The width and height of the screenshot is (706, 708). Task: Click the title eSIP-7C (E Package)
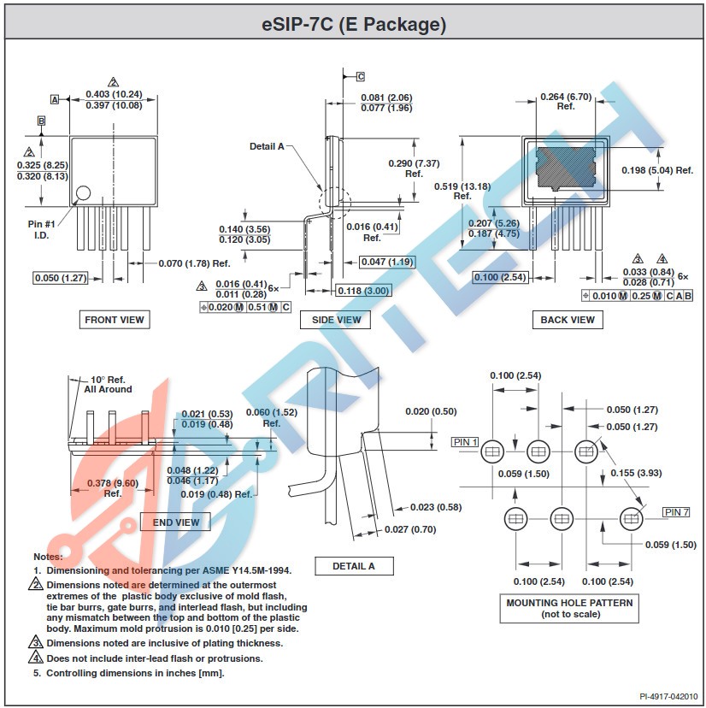[353, 25]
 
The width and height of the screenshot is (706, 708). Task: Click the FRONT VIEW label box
[115, 320]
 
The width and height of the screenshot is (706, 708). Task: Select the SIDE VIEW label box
[337, 320]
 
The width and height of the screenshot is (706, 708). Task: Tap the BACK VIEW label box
[568, 320]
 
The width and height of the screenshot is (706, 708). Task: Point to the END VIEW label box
[175, 522]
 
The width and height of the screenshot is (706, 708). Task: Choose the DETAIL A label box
[354, 566]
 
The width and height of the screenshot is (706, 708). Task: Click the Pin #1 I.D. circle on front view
[83, 193]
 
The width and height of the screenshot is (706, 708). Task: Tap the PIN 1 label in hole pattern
[466, 442]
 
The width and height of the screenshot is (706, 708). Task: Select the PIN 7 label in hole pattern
[675, 512]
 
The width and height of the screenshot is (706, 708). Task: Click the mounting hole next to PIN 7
[632, 519]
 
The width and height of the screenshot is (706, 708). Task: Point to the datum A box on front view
[55, 99]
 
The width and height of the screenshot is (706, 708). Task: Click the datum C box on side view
[360, 76]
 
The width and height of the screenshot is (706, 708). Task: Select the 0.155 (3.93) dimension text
[637, 473]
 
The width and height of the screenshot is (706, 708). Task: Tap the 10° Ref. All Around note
[108, 384]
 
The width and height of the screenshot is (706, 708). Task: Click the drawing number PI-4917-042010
[669, 697]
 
